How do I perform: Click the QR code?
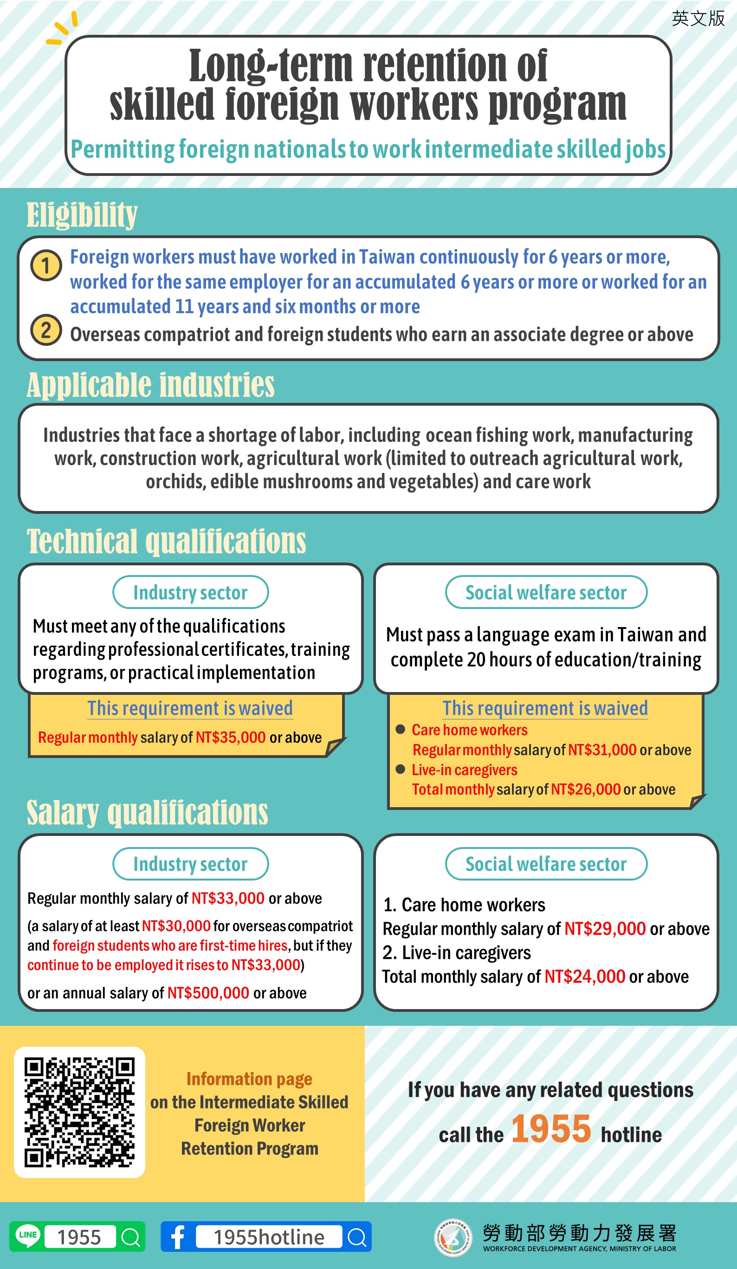(x=79, y=1112)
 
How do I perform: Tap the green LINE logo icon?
(x=28, y=1236)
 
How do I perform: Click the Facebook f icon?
(x=177, y=1236)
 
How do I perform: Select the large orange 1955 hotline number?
(x=551, y=1128)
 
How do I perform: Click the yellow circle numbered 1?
(x=46, y=265)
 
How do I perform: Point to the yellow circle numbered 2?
(x=46, y=330)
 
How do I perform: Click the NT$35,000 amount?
(x=231, y=737)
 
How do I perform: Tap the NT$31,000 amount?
(x=602, y=750)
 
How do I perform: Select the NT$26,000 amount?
(x=586, y=789)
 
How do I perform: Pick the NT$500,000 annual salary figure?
(x=208, y=992)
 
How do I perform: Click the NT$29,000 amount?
(x=605, y=929)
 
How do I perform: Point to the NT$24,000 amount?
(x=584, y=977)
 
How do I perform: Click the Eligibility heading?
(x=82, y=215)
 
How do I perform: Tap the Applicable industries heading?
(x=150, y=385)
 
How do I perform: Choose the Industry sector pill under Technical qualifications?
(x=190, y=592)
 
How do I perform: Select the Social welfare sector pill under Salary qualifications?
(x=546, y=864)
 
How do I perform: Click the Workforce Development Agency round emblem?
(x=453, y=1237)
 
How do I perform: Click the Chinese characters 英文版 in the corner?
(x=698, y=19)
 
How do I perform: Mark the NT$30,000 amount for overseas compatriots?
(x=176, y=926)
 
